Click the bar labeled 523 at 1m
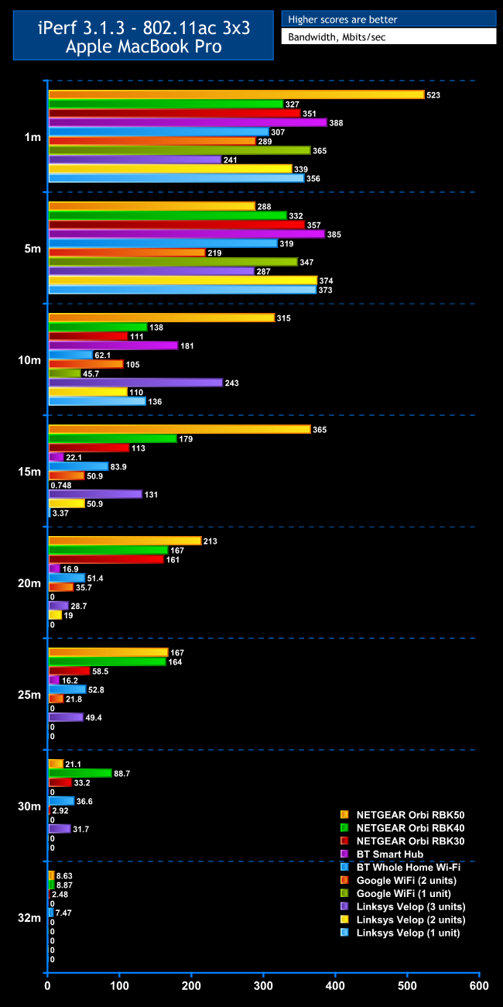click(236, 95)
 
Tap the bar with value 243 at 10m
click(135, 383)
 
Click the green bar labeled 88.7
click(80, 772)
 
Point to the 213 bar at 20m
click(125, 541)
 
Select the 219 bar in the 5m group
click(127, 253)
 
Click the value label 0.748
click(63, 485)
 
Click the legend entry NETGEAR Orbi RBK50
click(410, 815)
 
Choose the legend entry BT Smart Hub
click(389, 854)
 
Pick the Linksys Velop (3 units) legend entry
click(410, 906)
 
